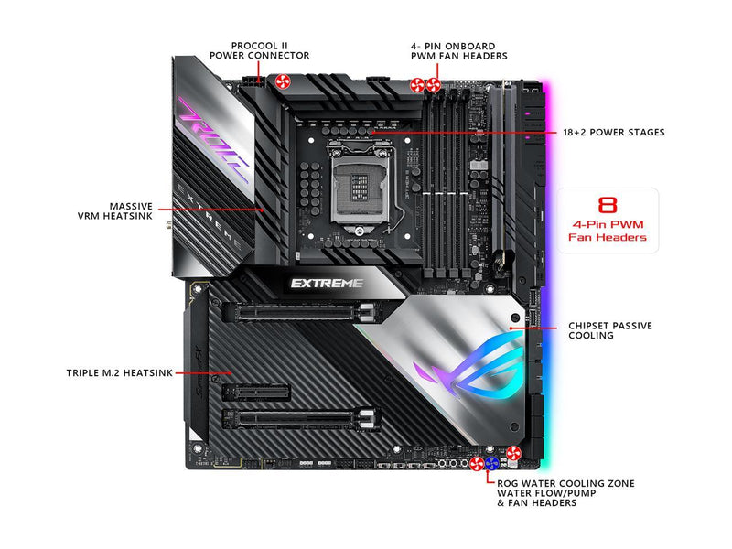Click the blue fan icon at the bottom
[492, 464]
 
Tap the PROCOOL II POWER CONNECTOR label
[260, 51]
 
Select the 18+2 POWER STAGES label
[613, 132]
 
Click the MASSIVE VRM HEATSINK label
[115, 211]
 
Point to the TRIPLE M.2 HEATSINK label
[120, 373]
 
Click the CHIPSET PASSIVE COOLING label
[610, 330]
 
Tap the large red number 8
[608, 205]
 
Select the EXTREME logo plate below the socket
[327, 284]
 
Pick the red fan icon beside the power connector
[282, 81]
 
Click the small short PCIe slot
[256, 393]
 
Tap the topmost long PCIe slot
[301, 312]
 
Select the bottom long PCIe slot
[301, 419]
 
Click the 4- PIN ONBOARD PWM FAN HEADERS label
[459, 51]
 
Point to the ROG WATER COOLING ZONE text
[565, 484]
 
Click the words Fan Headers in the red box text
[608, 237]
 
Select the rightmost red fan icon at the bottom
[513, 453]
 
